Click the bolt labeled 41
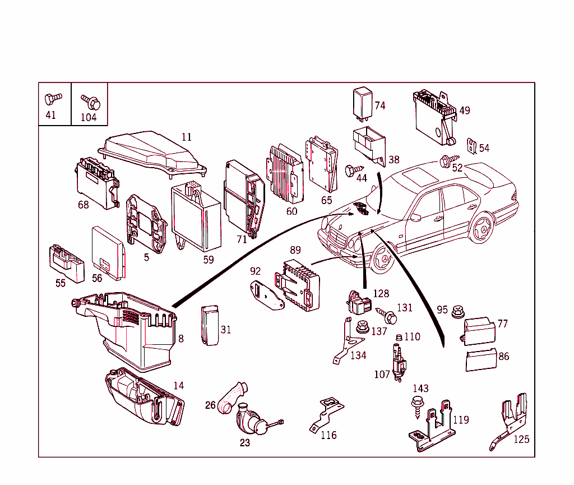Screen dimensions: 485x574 (52, 99)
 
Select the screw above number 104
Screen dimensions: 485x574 (90, 101)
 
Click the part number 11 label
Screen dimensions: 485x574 (186, 137)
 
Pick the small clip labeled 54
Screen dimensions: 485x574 (471, 146)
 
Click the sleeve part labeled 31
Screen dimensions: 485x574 (210, 326)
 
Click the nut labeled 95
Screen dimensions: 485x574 (457, 310)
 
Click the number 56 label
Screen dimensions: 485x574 (96, 278)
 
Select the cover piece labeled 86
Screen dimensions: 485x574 (480, 359)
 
